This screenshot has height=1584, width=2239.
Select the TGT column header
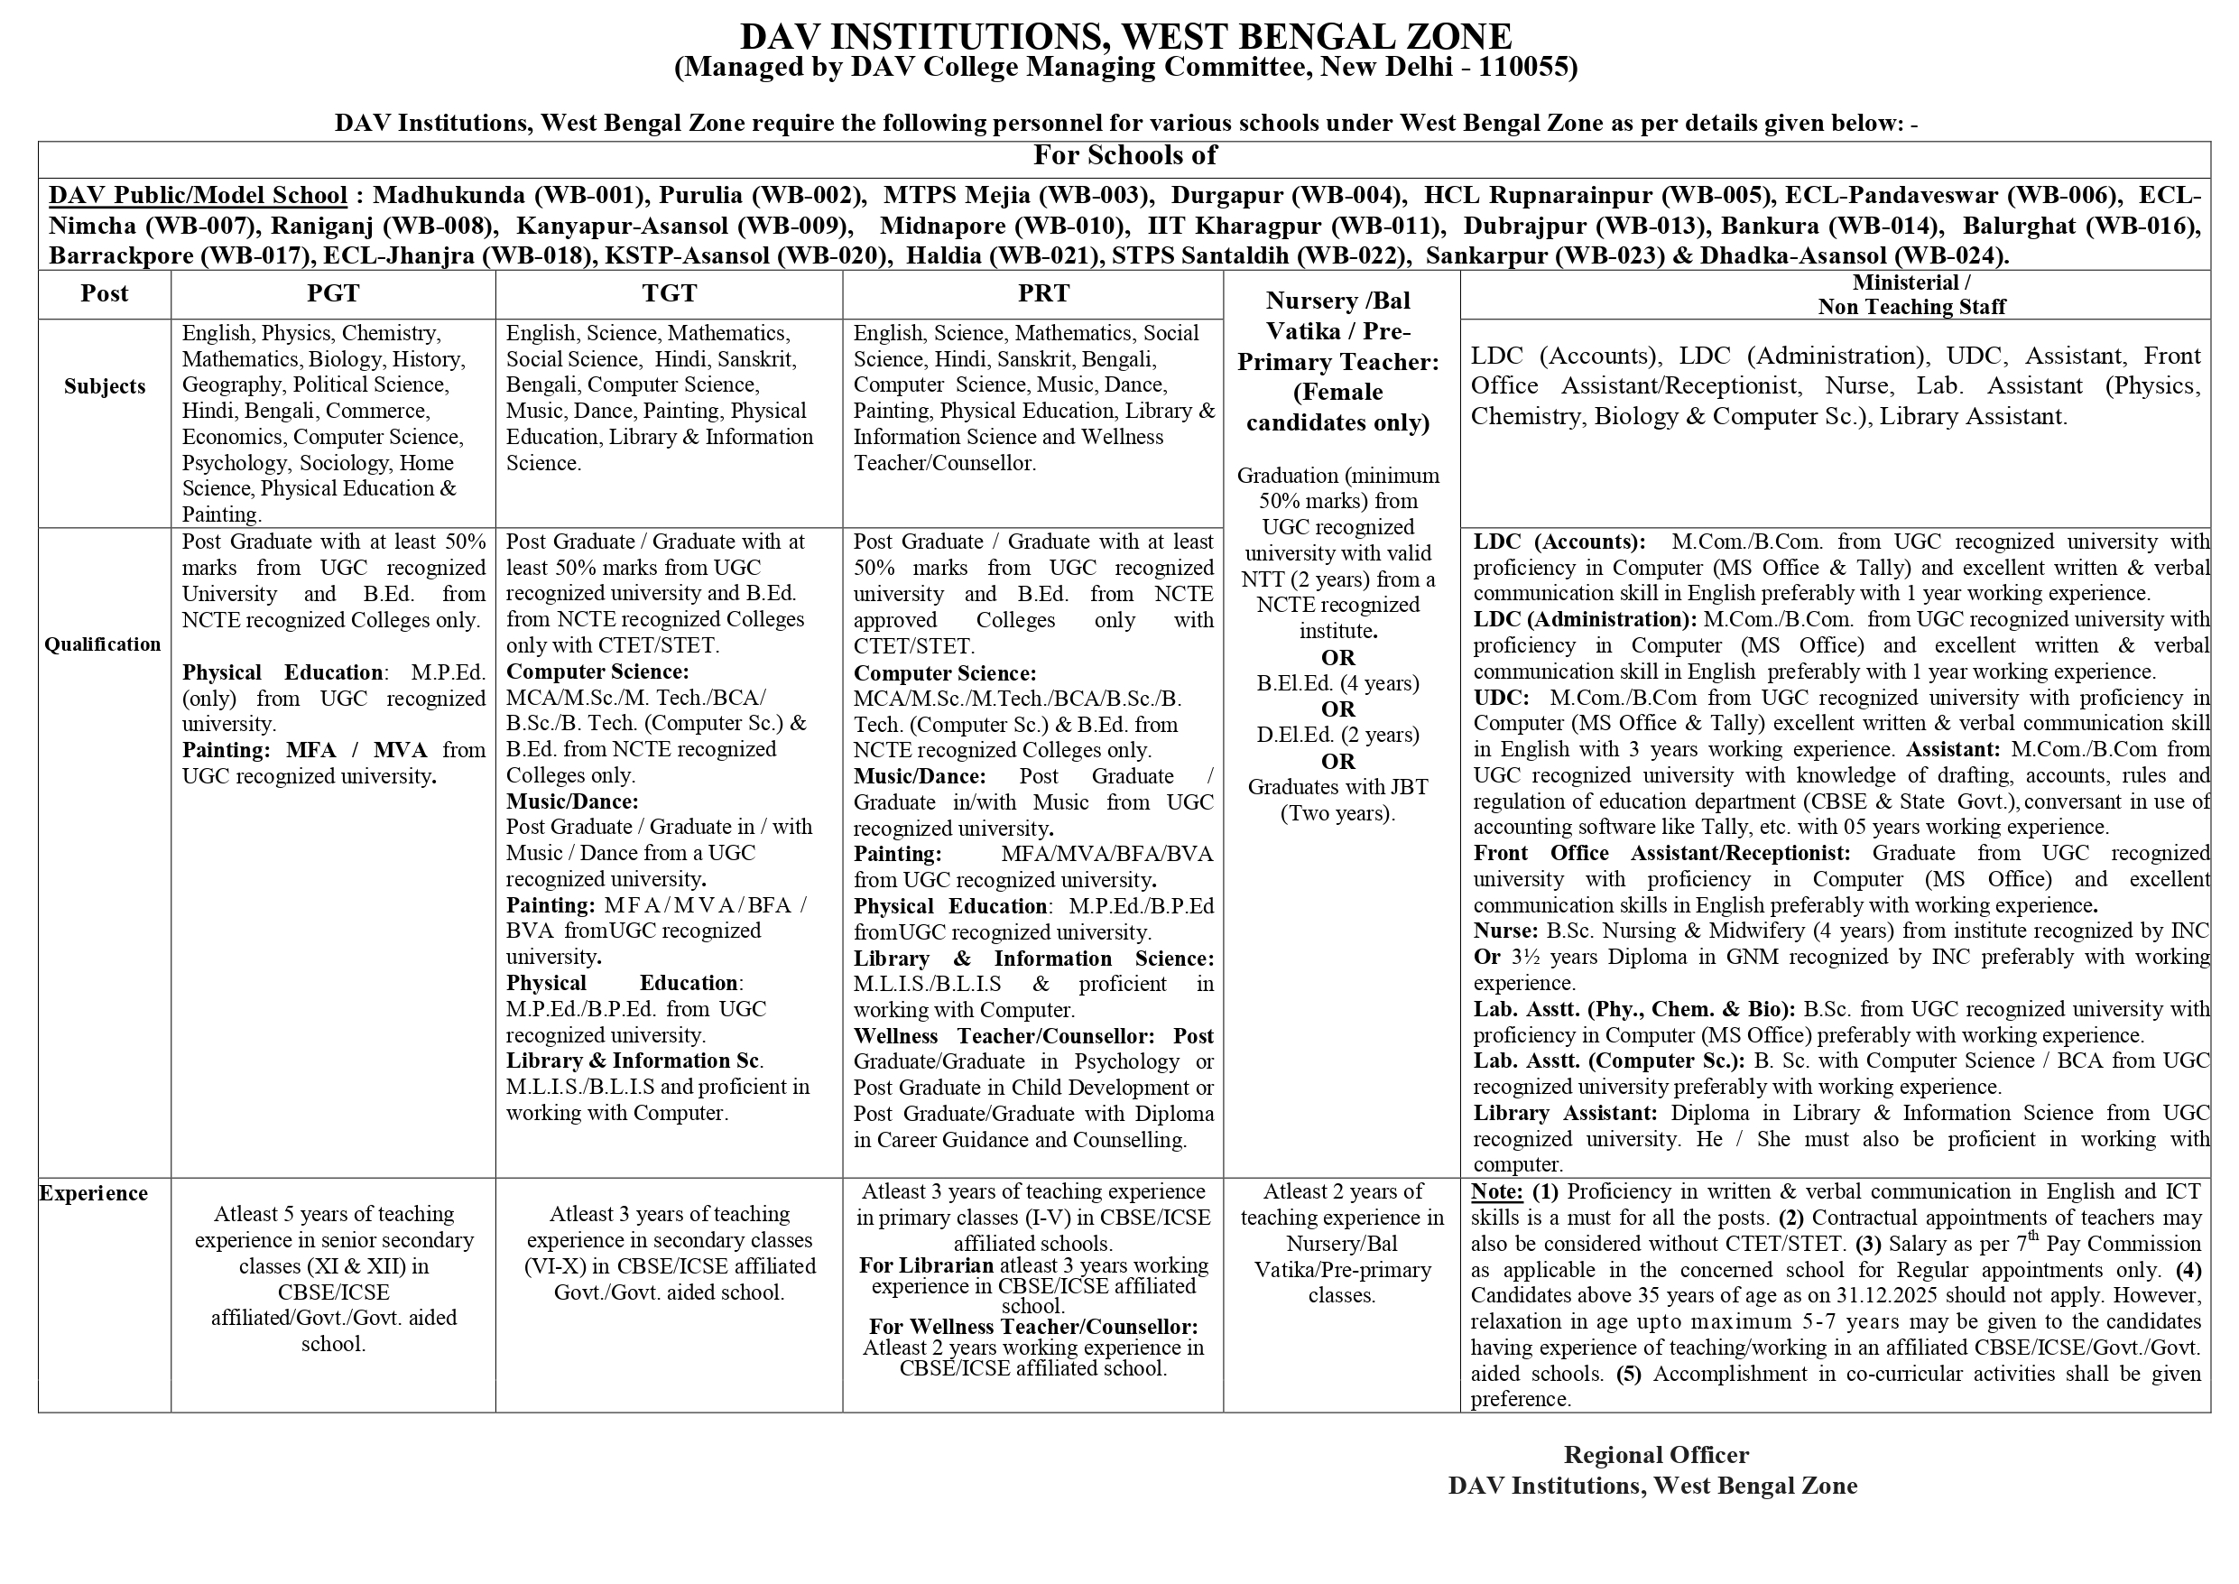[669, 293]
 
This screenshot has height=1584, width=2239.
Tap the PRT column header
[1043, 293]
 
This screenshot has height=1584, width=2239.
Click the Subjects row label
[105, 386]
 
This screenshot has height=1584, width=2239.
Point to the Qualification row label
[102, 644]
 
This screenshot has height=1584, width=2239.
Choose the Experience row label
[94, 1193]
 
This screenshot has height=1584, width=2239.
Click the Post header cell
[105, 293]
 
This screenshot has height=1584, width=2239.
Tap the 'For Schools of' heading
[1124, 155]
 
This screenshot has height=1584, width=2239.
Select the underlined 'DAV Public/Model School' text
[198, 195]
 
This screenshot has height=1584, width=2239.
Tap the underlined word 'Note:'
[1497, 1192]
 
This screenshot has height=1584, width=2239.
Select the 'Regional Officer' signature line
[1656, 1454]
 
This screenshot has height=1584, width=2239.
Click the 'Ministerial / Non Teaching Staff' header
[1911, 294]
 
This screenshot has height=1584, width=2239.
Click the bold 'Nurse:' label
[1505, 931]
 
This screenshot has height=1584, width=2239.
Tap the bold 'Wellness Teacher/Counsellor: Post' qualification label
[1033, 1036]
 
